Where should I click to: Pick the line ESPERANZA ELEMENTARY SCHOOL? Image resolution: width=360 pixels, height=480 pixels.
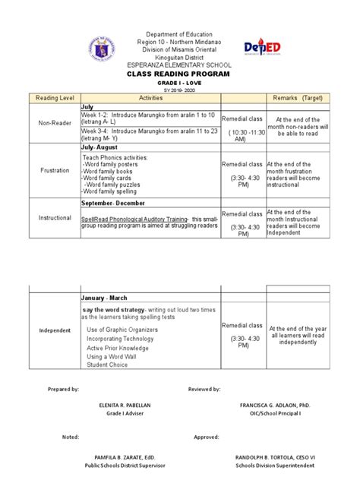click(179, 65)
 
